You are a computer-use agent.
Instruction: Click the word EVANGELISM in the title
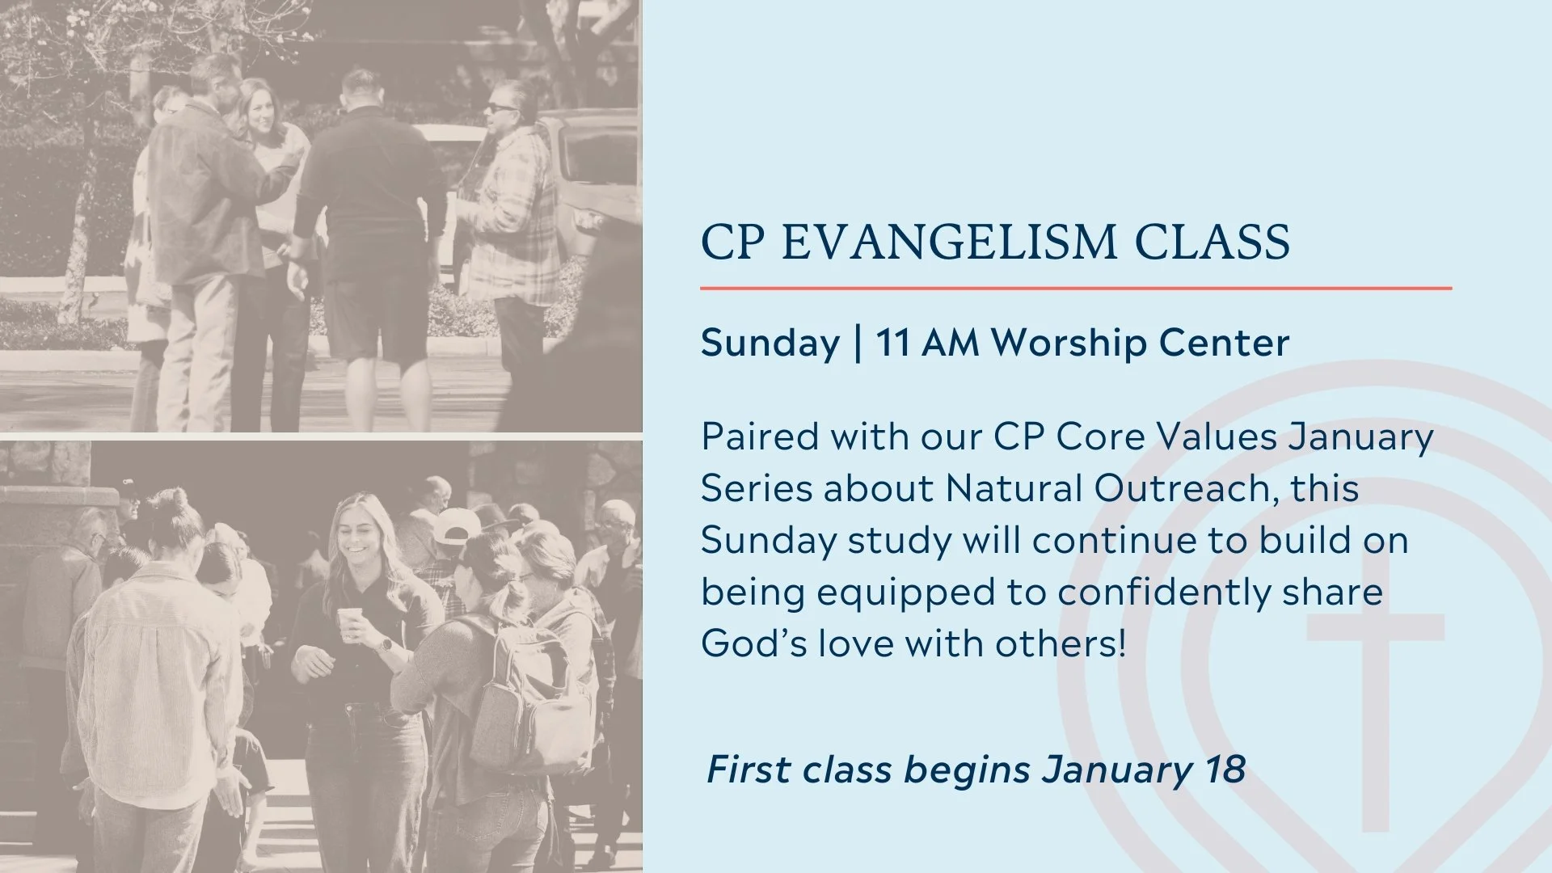tap(951, 242)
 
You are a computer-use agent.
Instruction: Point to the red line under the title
tap(1075, 288)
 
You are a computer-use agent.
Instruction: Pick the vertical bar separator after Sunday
tap(858, 343)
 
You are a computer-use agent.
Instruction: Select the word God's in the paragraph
tap(753, 644)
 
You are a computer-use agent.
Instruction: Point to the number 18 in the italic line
tap(1225, 770)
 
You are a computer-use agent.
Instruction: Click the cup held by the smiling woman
tap(348, 623)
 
